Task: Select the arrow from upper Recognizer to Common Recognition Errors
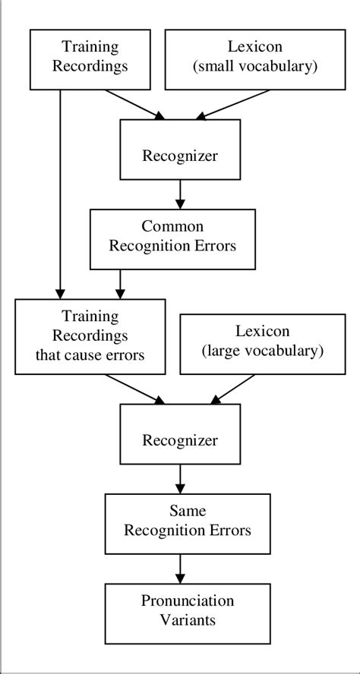pos(180,194)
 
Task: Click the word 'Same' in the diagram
pos(180,512)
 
